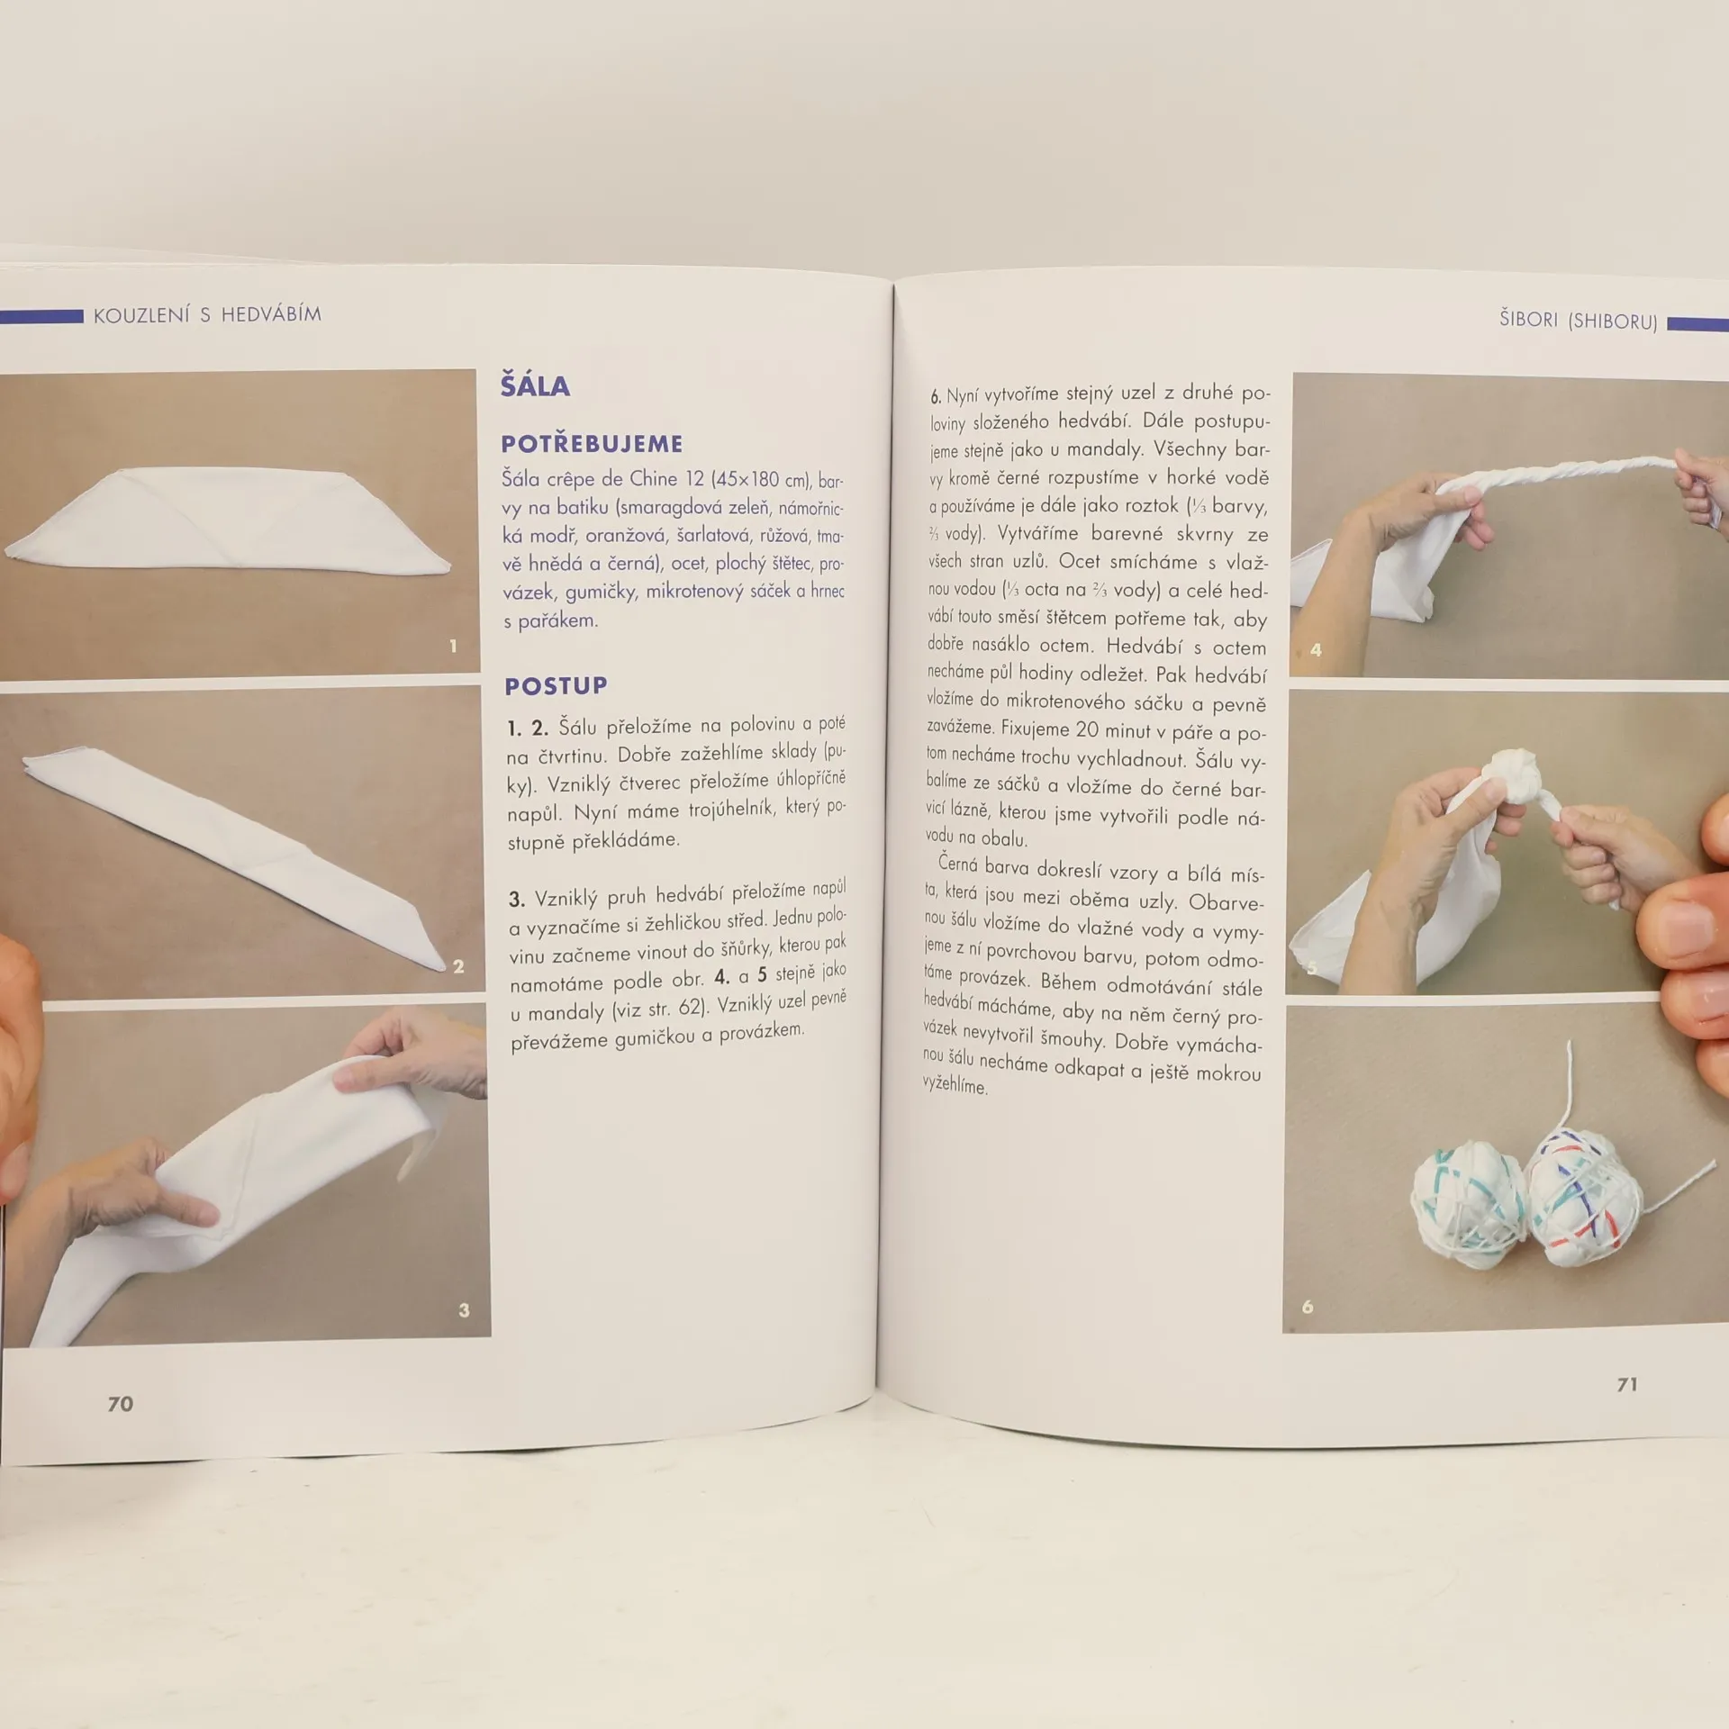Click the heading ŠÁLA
click(x=535, y=386)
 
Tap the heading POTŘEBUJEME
click(x=592, y=443)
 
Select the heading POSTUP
click(x=556, y=686)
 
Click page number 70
click(x=121, y=1403)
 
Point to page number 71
click(x=1626, y=1384)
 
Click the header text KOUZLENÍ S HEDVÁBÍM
click(x=207, y=314)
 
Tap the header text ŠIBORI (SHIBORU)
click(x=1578, y=320)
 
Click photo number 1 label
click(x=453, y=646)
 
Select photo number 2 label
click(x=458, y=966)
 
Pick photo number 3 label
click(x=464, y=1310)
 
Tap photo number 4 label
click(x=1316, y=649)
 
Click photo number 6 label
click(x=1308, y=1307)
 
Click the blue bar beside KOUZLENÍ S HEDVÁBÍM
click(x=41, y=317)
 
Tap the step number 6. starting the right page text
click(x=936, y=396)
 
